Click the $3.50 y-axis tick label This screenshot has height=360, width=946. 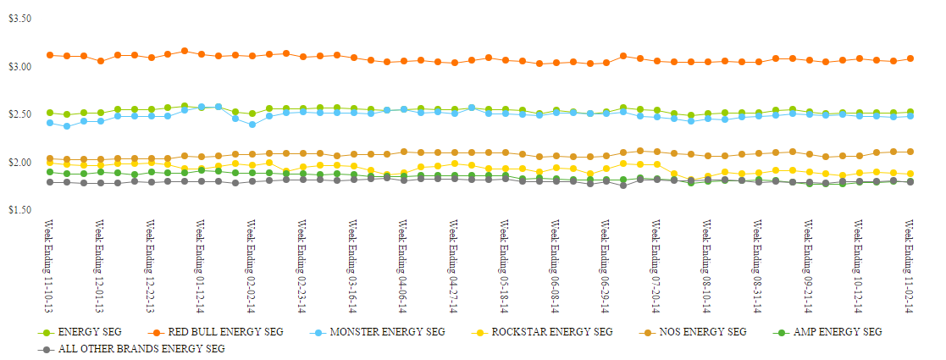19,18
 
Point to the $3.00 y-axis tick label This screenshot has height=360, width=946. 19,66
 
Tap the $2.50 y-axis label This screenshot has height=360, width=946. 19,114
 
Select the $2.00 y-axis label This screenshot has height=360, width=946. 19,162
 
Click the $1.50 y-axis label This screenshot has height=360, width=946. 19,209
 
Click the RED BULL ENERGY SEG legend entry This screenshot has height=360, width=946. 217,331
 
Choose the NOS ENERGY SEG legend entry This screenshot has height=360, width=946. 702,331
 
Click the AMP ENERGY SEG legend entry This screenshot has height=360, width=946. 837,331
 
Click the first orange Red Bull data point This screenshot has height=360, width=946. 50,55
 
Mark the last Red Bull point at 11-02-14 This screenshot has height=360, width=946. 910,58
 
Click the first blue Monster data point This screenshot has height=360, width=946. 50,123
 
